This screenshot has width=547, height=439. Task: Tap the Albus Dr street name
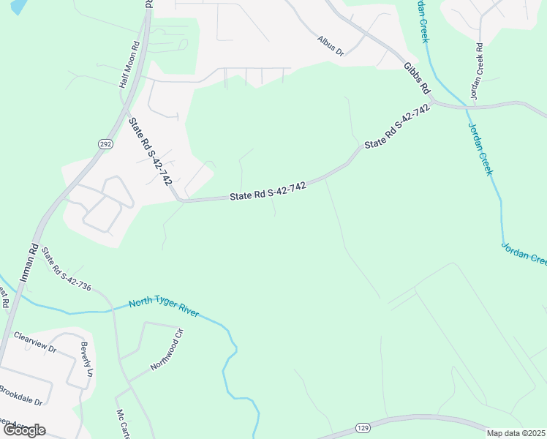[331, 45]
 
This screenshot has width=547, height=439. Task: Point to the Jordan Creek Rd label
[477, 72]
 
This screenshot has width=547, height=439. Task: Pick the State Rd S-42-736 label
[67, 271]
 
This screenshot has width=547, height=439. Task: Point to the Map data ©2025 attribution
[516, 433]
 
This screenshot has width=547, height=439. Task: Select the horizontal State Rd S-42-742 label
[267, 191]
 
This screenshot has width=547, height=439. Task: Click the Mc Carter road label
[122, 423]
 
